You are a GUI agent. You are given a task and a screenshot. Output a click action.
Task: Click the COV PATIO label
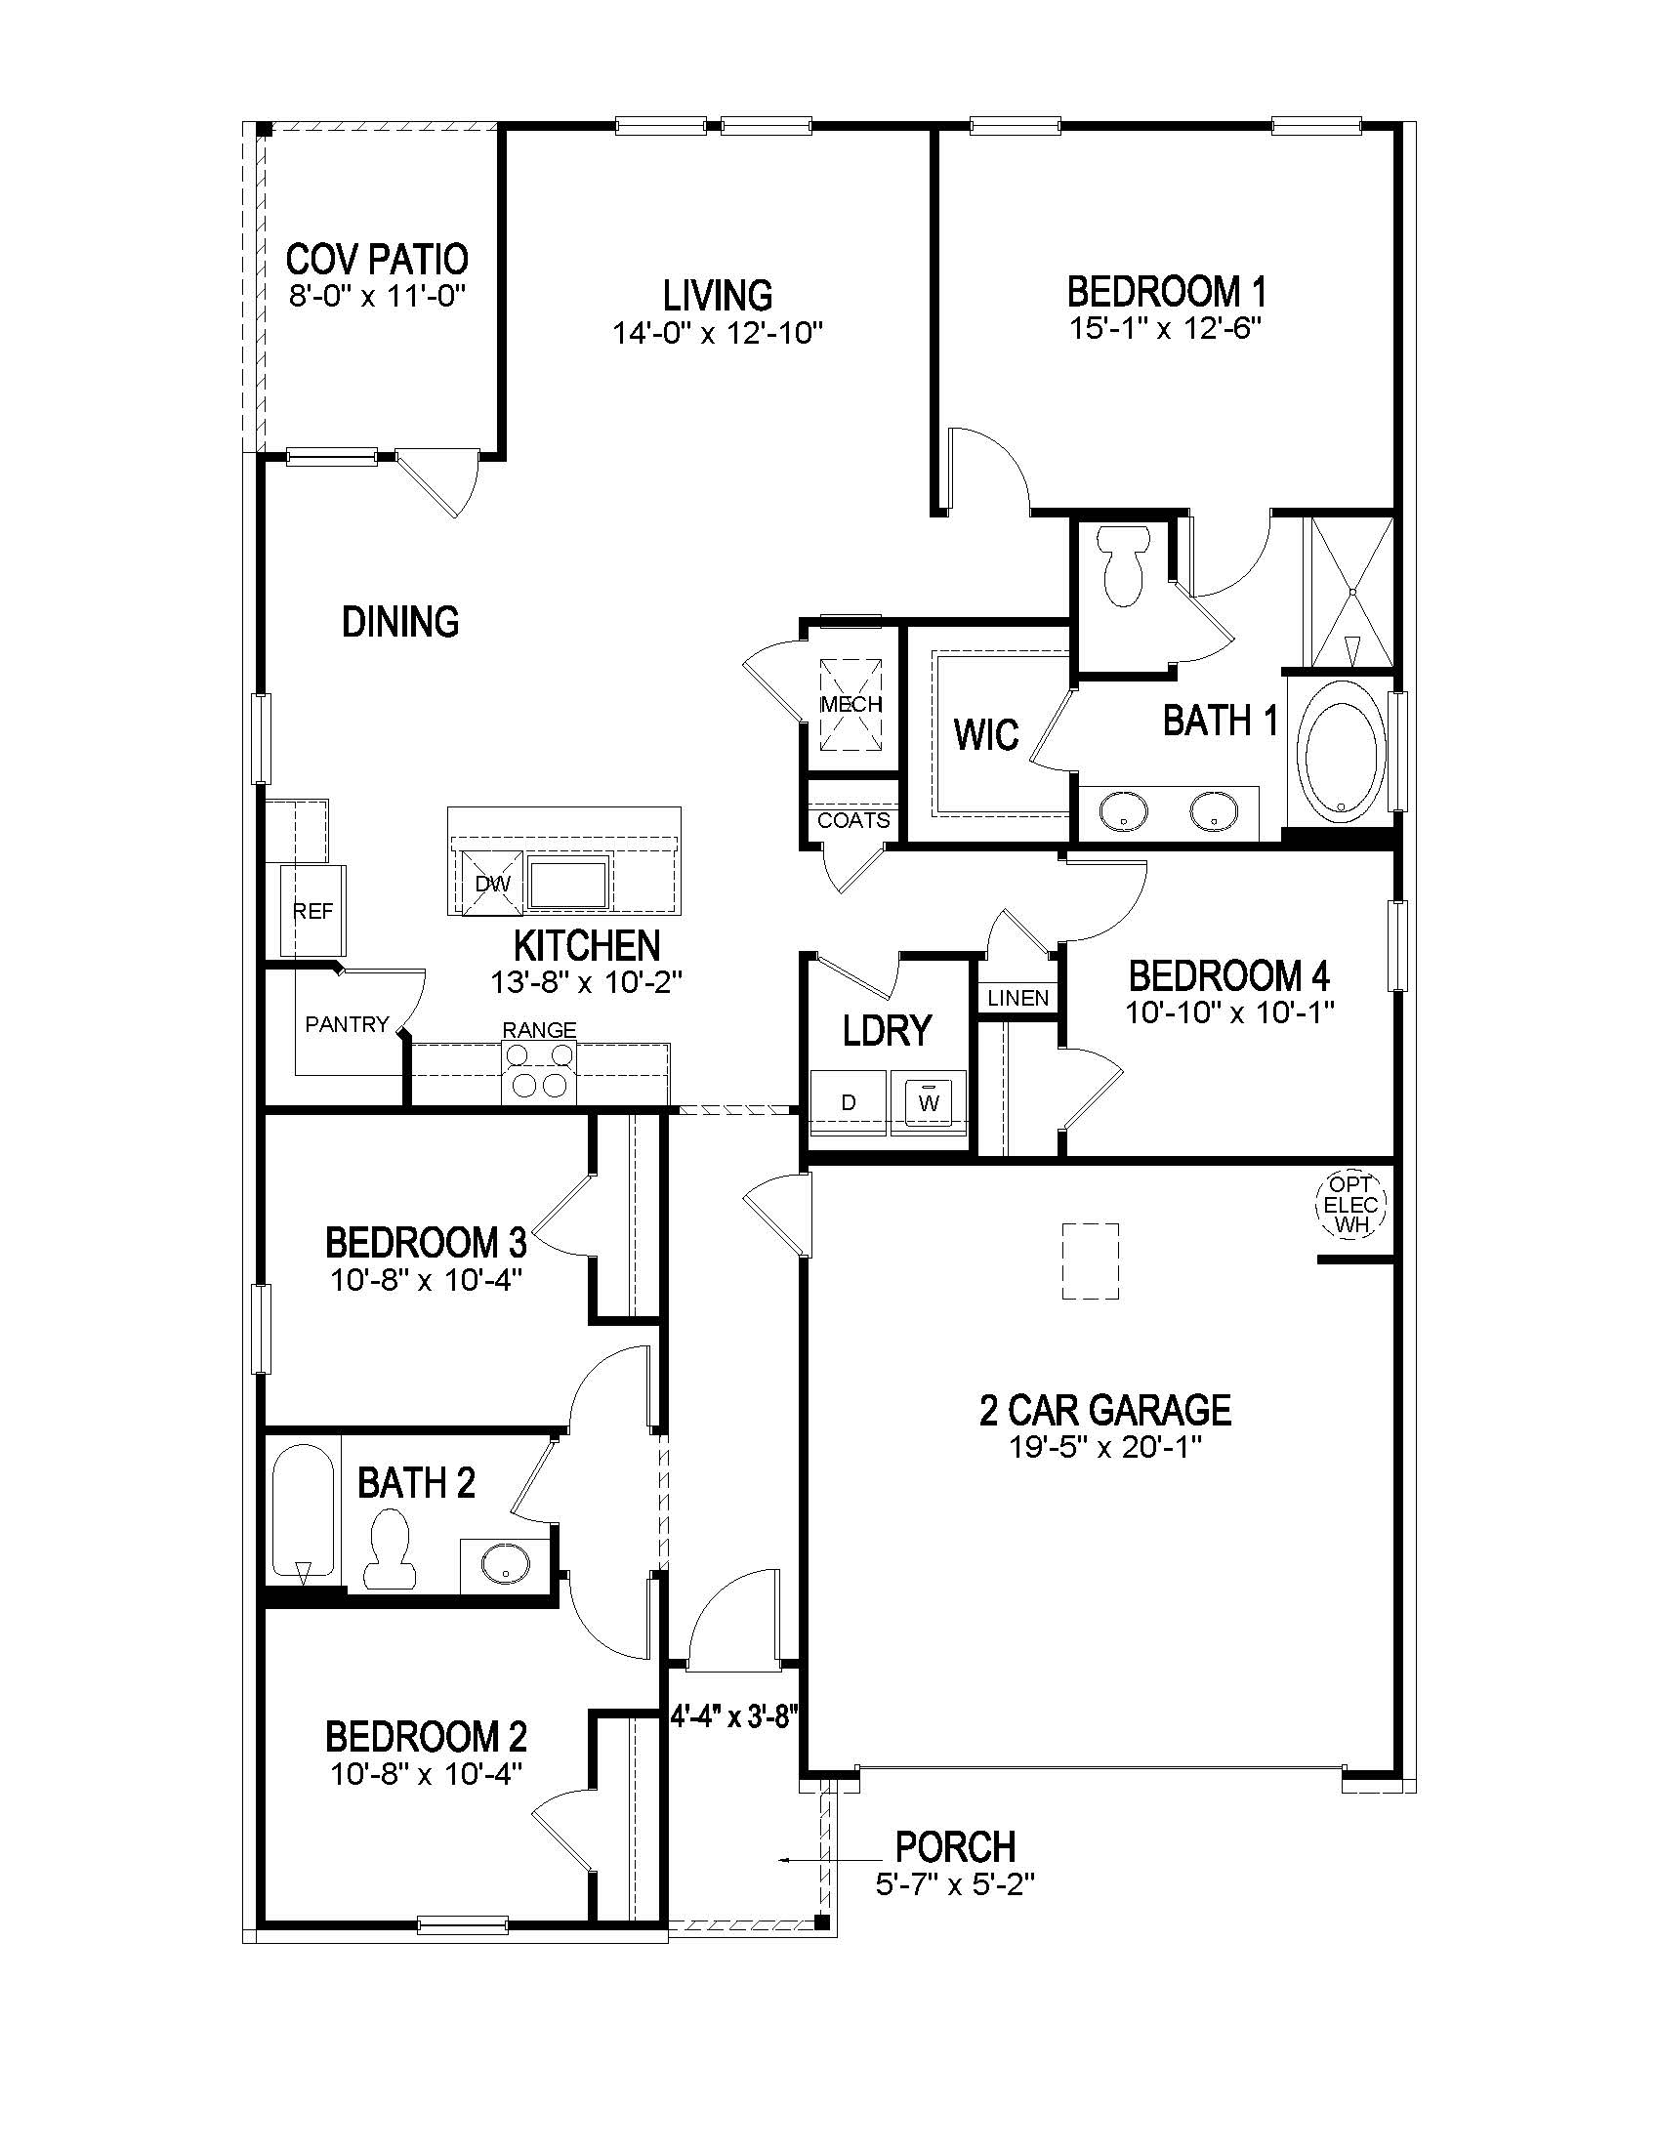[x=377, y=260]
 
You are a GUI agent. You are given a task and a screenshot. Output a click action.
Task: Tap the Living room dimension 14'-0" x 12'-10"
[x=717, y=333]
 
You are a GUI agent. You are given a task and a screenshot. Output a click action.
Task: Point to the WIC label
[x=986, y=734]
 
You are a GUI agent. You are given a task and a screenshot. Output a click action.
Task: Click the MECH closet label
[x=851, y=704]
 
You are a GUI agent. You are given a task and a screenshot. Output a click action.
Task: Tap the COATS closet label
[x=853, y=820]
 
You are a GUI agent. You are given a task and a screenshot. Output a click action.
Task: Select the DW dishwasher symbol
[x=493, y=884]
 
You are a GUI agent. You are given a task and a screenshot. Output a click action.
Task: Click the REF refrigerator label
[x=312, y=912]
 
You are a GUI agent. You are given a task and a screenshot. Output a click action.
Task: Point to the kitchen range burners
[x=539, y=1071]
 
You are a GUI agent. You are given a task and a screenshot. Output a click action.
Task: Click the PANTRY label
[x=347, y=1025]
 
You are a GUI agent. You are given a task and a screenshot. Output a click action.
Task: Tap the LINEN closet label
[x=1017, y=998]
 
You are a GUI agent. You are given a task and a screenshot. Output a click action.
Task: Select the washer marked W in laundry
[x=930, y=1101]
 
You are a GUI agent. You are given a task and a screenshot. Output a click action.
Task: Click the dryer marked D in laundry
[x=849, y=1102]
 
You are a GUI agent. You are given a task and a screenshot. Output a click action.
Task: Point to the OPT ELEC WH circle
[x=1350, y=1204]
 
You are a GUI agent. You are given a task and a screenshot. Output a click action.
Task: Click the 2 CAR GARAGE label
[x=1105, y=1411]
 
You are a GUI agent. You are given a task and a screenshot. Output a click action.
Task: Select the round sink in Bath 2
[x=506, y=1561]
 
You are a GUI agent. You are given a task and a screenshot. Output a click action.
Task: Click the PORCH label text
[x=955, y=1846]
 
